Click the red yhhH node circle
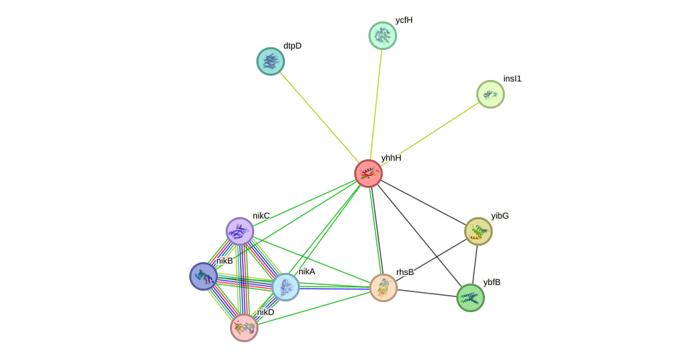(x=368, y=174)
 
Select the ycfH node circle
(x=382, y=36)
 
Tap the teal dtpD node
(x=271, y=61)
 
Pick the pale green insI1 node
(x=491, y=94)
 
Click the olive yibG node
(x=478, y=231)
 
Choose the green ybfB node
(x=471, y=298)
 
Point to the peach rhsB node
(x=383, y=287)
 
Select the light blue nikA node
(x=286, y=287)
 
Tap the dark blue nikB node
(x=204, y=276)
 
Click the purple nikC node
(x=240, y=231)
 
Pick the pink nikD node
(x=244, y=328)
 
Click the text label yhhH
(x=391, y=158)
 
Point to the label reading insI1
(x=512, y=79)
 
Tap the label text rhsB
(x=405, y=272)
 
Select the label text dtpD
(x=292, y=46)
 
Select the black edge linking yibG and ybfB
(x=474, y=264)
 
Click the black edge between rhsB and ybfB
(x=427, y=293)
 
